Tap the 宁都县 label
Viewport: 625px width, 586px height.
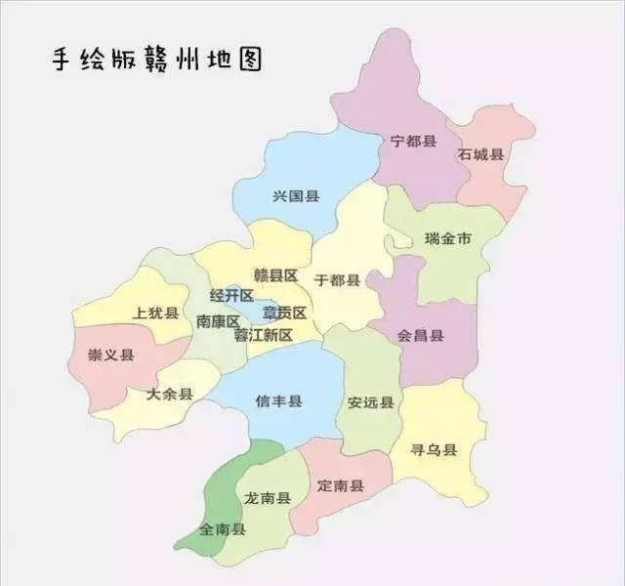point(412,142)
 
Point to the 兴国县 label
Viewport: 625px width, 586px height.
point(296,196)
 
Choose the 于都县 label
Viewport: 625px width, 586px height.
point(337,280)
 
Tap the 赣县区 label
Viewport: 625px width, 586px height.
point(275,275)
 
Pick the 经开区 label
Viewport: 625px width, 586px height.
point(231,295)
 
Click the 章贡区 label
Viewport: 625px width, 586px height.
point(284,313)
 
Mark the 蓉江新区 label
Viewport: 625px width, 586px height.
point(263,334)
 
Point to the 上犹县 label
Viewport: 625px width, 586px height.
point(154,313)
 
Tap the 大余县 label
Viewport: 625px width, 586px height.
point(169,395)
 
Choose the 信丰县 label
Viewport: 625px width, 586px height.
point(278,400)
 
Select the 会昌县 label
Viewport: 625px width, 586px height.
point(420,335)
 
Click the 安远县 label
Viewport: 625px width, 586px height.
point(370,402)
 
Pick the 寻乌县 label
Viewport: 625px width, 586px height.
point(435,450)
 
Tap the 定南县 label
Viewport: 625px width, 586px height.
point(341,485)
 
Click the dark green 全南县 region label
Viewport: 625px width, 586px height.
point(222,529)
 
